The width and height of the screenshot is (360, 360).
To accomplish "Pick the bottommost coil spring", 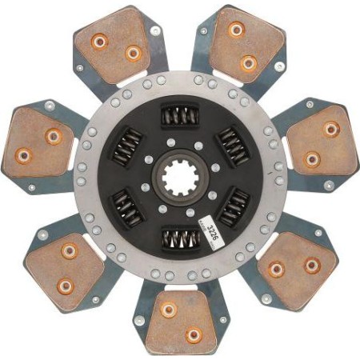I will click(x=182, y=237).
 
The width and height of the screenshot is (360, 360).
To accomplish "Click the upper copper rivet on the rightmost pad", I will click(x=330, y=129).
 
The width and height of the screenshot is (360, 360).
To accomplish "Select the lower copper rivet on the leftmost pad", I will click(x=24, y=155).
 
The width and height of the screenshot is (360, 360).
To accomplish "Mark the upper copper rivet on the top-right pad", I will click(x=236, y=30).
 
